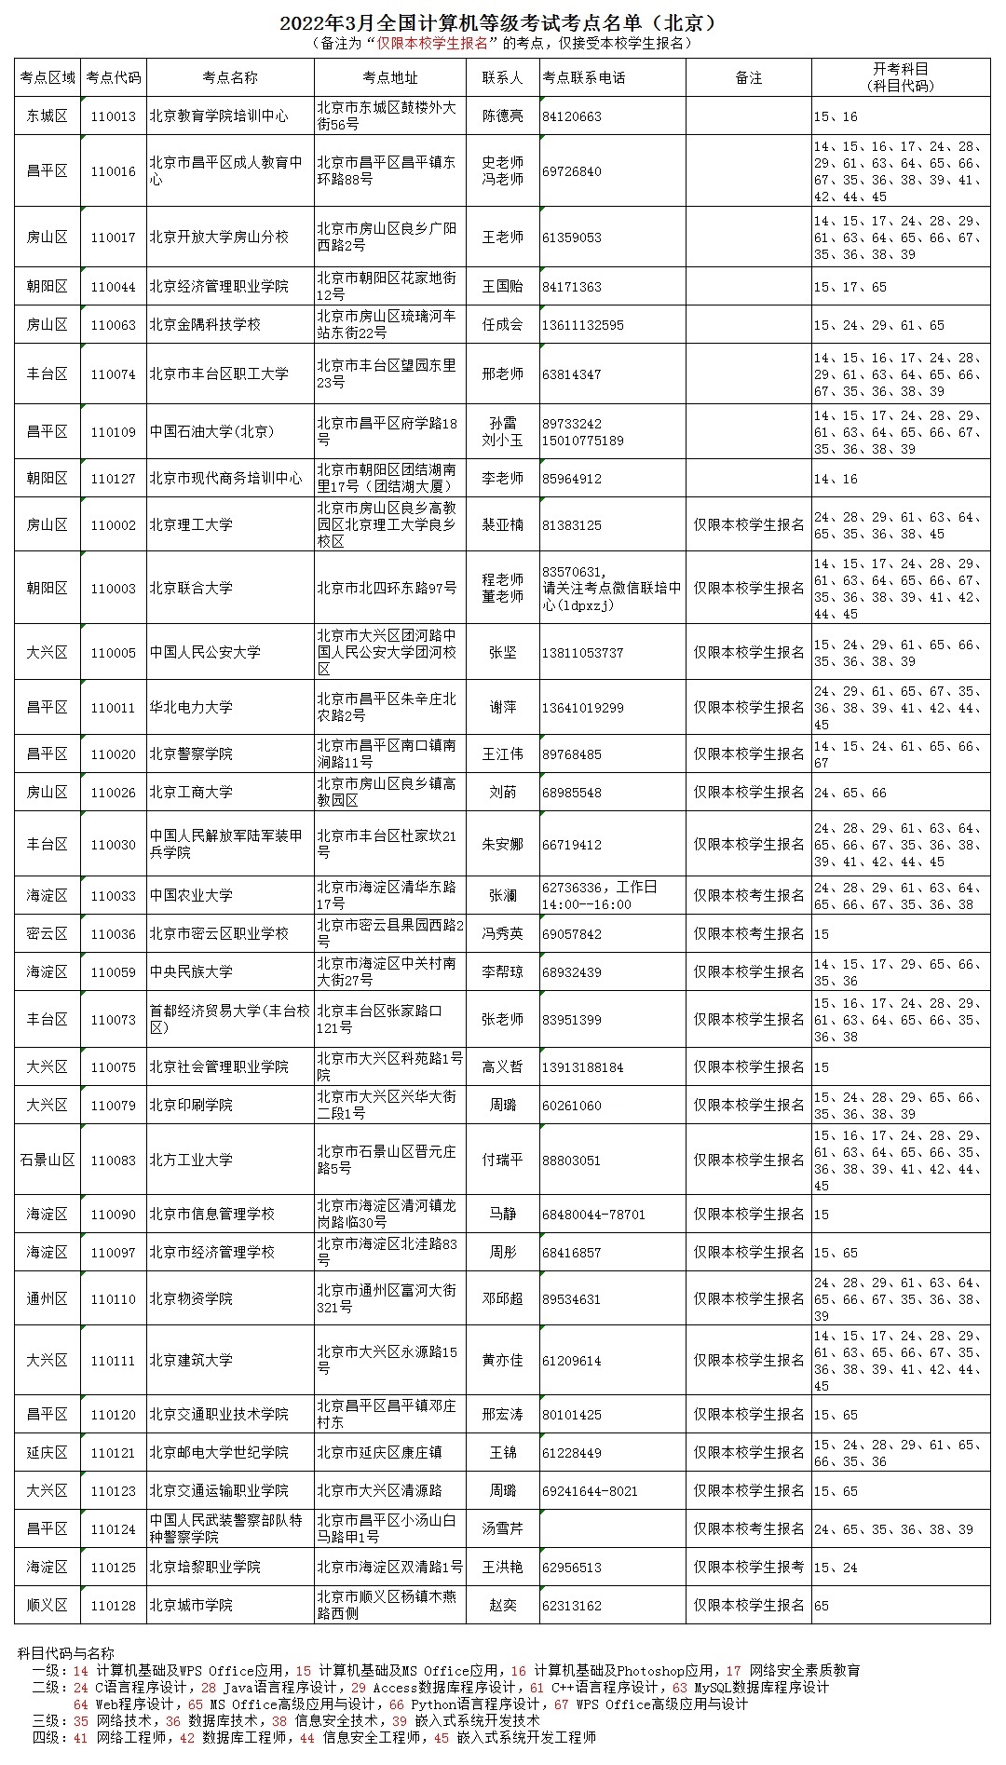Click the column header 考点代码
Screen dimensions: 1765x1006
[114, 77]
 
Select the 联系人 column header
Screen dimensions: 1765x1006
[502, 77]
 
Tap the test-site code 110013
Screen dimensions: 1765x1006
[114, 116]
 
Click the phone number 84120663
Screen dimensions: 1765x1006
[572, 116]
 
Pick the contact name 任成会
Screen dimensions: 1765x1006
[502, 325]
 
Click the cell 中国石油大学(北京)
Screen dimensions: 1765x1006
[212, 431]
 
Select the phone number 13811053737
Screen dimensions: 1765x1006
[582, 653]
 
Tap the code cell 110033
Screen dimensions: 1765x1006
[114, 896]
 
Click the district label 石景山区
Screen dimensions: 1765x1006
[48, 1161]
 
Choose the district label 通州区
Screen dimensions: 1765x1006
[48, 1299]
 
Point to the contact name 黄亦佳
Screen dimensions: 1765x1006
[502, 1361]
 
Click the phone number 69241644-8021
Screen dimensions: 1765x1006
[590, 1491]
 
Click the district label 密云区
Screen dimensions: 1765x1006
[48, 934]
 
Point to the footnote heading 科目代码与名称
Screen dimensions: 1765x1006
[66, 1654]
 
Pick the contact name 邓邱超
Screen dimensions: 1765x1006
[502, 1299]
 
